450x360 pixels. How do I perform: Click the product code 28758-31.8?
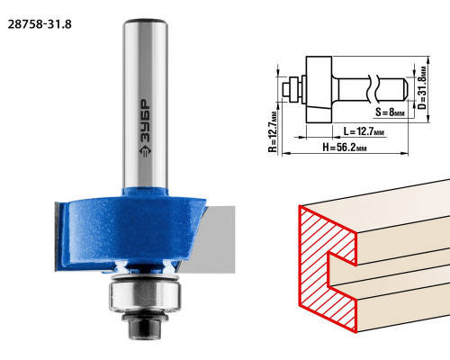coord(40,24)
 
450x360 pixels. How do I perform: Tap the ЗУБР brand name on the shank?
coord(146,121)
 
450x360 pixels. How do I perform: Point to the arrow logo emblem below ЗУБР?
coord(146,151)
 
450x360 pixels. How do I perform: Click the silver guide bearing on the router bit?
coord(145,295)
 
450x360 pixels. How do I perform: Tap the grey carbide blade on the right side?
coord(210,239)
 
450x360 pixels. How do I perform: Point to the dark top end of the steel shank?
coord(145,21)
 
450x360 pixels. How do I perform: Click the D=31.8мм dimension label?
coord(422,87)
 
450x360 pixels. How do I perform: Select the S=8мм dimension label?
coord(390,112)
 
